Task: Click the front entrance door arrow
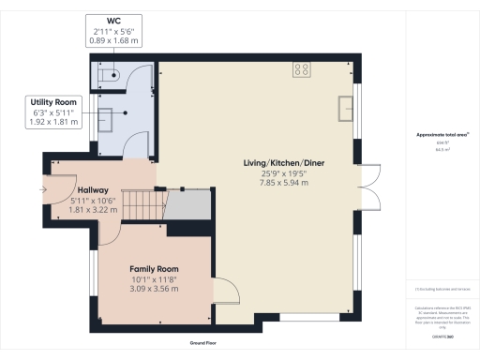tap(43, 189)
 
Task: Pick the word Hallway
tap(93, 188)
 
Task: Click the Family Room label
tap(154, 268)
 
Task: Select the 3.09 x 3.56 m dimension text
tap(154, 289)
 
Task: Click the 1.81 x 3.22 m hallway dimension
tap(93, 209)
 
